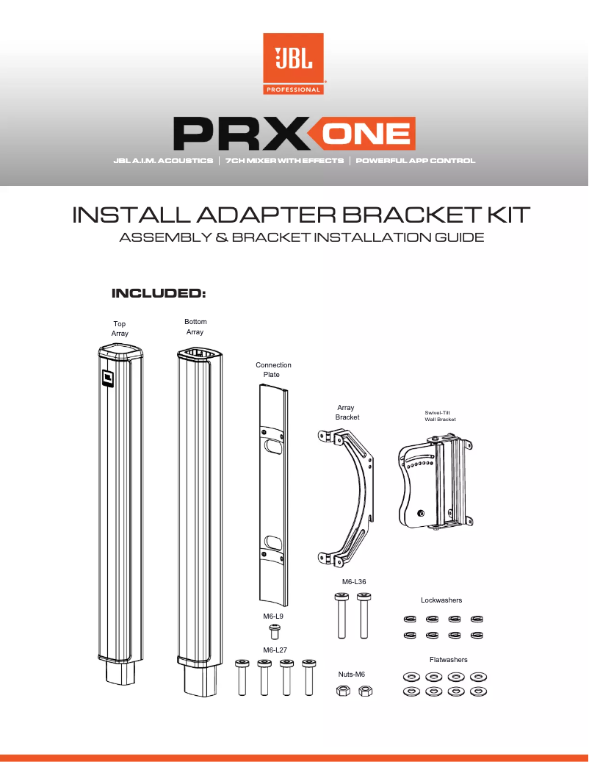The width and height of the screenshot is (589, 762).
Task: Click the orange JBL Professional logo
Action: pyautogui.click(x=294, y=64)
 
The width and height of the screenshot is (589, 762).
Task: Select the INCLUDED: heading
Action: pyautogui.click(x=157, y=294)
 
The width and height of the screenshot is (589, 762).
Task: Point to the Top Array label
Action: pyautogui.click(x=120, y=328)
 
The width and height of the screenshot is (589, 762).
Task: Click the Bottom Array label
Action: pyautogui.click(x=195, y=327)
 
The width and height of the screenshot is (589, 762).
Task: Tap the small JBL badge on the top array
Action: pyautogui.click(x=107, y=378)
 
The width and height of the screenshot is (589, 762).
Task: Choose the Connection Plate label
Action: pyautogui.click(x=273, y=370)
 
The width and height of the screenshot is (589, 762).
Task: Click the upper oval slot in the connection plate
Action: pyautogui.click(x=272, y=445)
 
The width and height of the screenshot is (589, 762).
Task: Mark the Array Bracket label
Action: pyautogui.click(x=347, y=412)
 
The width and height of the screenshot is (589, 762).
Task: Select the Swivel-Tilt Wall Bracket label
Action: pyautogui.click(x=436, y=416)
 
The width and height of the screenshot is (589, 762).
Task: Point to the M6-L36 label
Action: pyautogui.click(x=354, y=581)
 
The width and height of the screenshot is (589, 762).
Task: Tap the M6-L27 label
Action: pyautogui.click(x=275, y=650)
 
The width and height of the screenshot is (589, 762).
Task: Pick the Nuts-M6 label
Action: pyautogui.click(x=351, y=674)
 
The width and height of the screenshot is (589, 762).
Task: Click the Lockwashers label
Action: pyautogui.click(x=441, y=600)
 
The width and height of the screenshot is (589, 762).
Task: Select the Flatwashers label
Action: pyautogui.click(x=448, y=660)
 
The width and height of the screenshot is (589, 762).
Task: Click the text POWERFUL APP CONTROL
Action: pyautogui.click(x=416, y=160)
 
